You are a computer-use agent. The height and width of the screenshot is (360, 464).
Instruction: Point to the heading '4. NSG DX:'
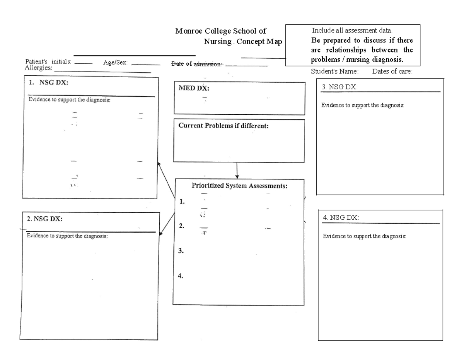[x=341, y=218]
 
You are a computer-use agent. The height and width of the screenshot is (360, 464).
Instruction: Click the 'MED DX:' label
[x=194, y=88]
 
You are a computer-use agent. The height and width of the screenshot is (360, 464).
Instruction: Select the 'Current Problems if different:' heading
[x=223, y=126]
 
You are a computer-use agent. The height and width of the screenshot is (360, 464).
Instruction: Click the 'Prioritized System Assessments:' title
[x=240, y=185]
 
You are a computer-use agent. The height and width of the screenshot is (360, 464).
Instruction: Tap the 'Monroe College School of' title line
[x=221, y=31]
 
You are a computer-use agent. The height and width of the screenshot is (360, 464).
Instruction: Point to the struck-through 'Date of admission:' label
[x=196, y=64]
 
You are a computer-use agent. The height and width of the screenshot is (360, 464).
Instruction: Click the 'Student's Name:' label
[x=335, y=71]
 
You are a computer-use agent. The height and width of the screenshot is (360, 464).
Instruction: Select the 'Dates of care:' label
[x=392, y=71]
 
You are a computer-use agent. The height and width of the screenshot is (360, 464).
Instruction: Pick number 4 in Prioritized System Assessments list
[x=181, y=276]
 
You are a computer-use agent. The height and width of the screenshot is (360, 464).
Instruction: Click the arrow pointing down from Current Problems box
[x=237, y=170]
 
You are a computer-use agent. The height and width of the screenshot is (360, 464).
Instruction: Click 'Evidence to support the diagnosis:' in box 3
[x=363, y=105]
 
